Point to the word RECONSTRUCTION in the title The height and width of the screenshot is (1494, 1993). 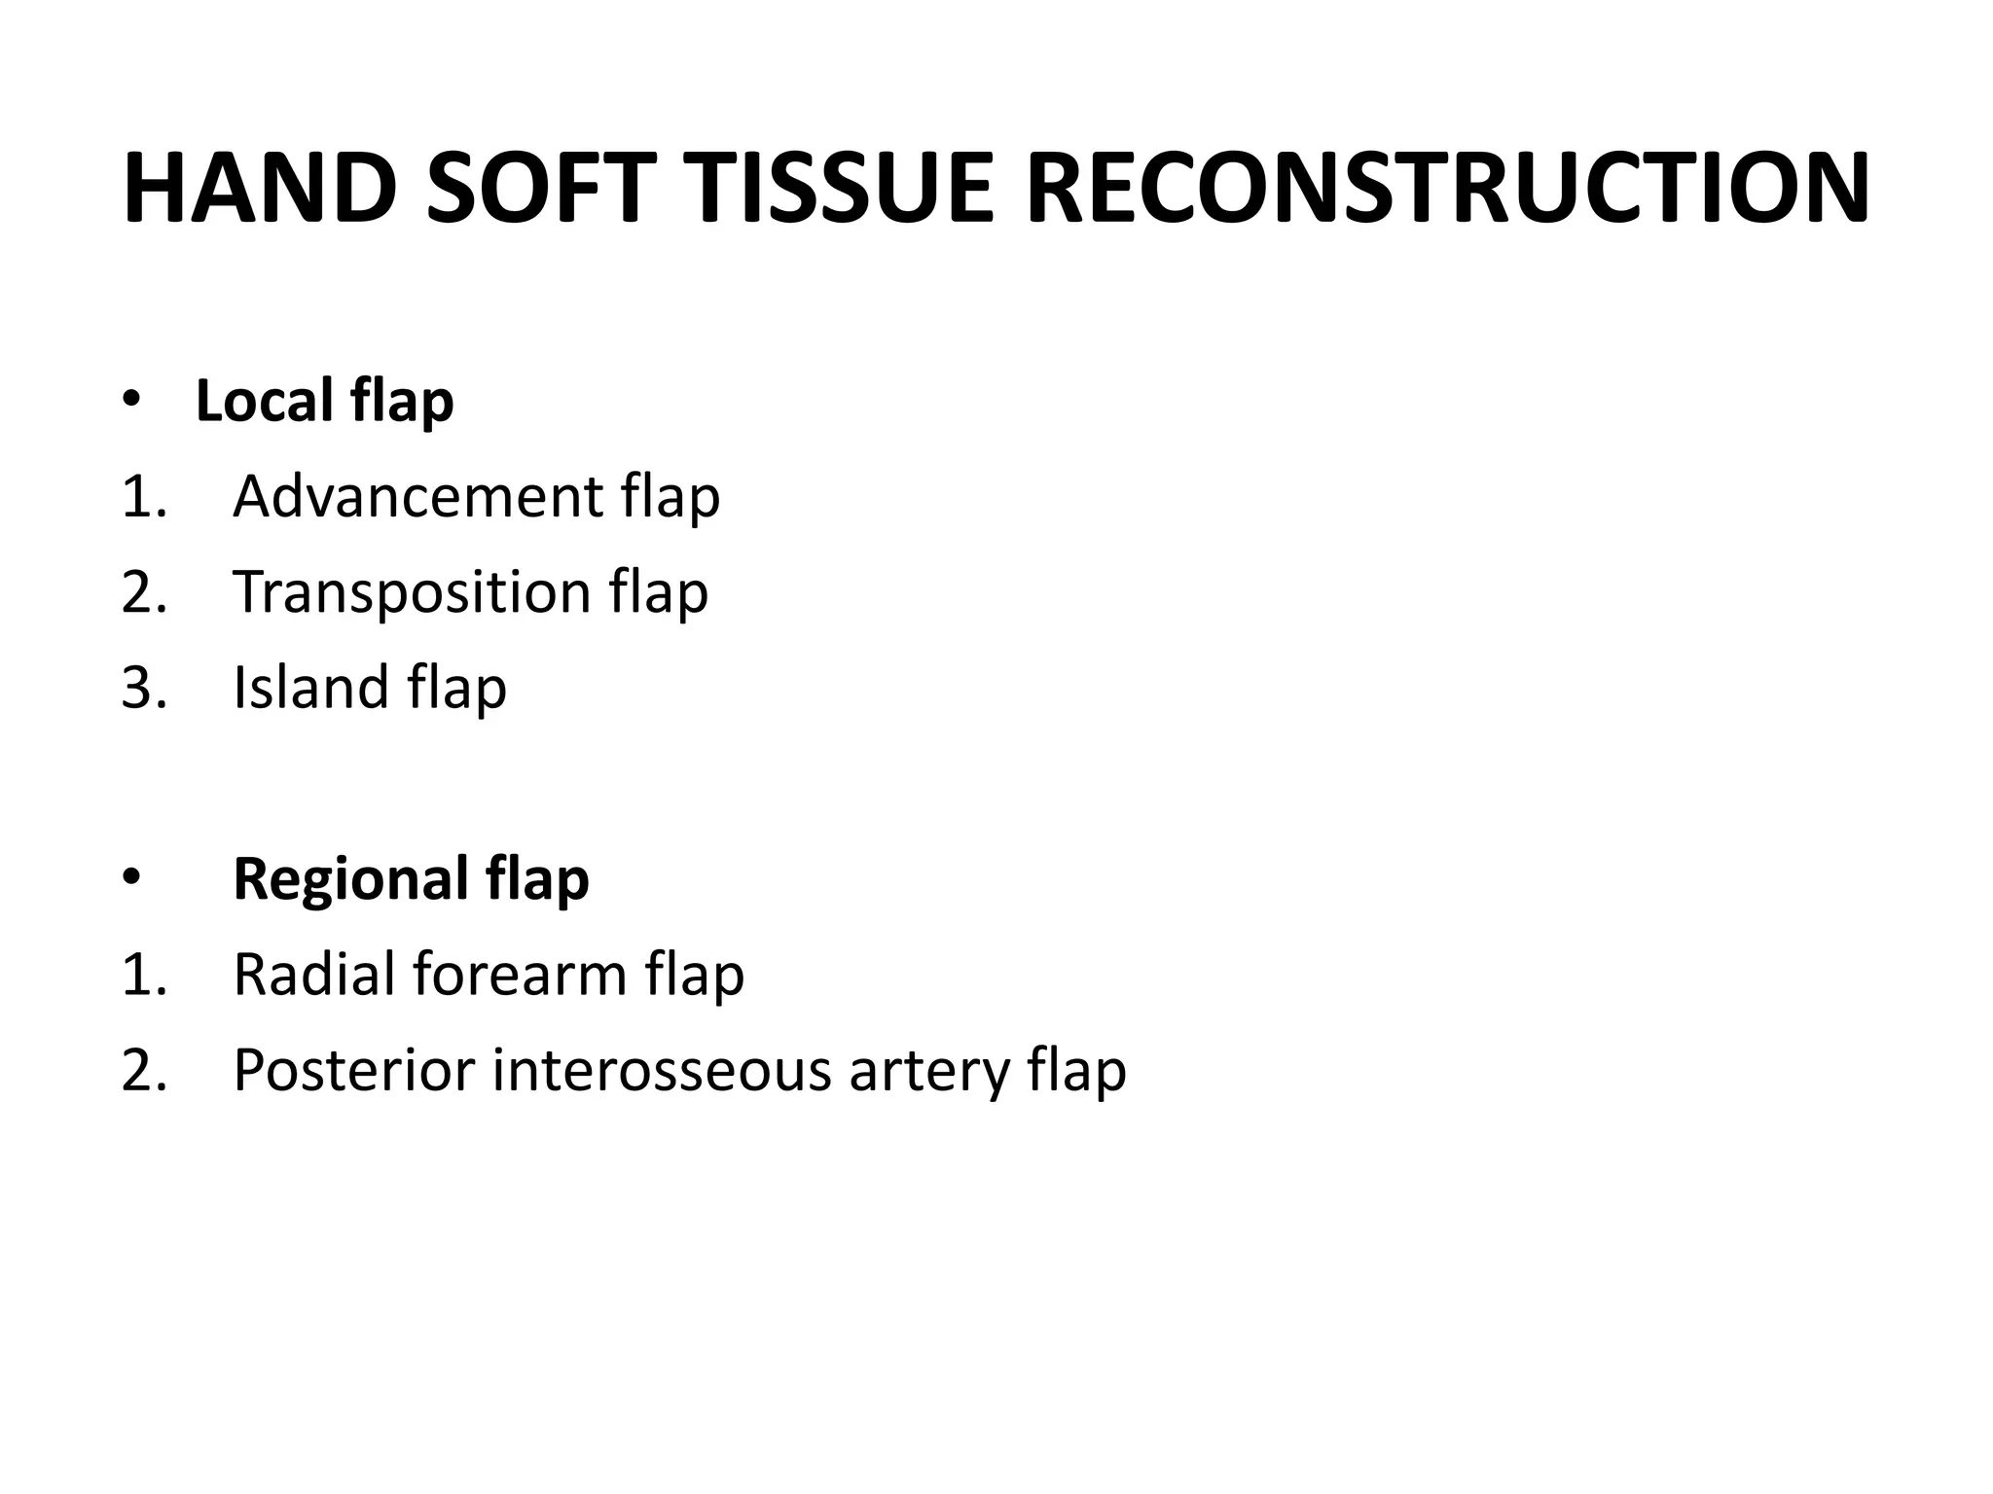click(1447, 189)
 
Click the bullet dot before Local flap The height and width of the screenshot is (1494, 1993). click(131, 400)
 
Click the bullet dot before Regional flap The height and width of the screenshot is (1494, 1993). click(131, 878)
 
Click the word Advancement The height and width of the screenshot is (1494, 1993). click(417, 496)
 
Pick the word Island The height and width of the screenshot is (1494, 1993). click(310, 687)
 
